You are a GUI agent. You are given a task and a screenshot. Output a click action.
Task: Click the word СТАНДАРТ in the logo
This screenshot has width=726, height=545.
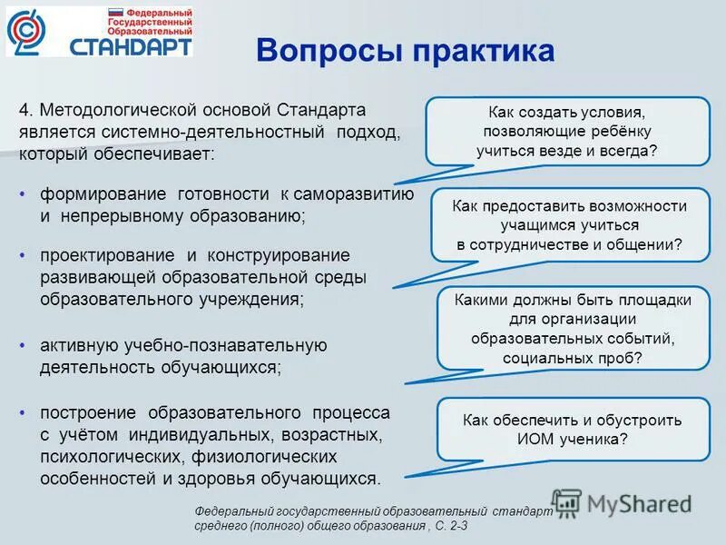point(132,45)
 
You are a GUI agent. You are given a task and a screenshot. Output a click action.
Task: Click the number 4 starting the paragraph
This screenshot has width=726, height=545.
point(24,110)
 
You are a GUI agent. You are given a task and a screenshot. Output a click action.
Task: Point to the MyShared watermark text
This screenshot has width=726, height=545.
point(639,501)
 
